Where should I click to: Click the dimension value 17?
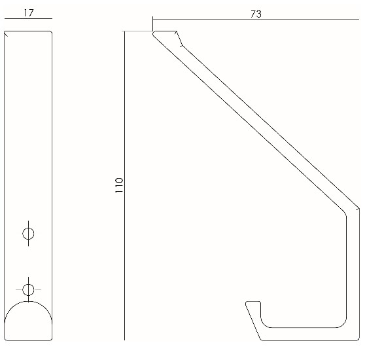[x=28, y=12]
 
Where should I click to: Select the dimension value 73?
[x=256, y=12]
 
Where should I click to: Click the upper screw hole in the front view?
[x=28, y=233]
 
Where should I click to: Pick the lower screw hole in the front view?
[x=28, y=289]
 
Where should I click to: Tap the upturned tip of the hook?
[x=253, y=304]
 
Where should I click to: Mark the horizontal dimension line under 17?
[x=28, y=20]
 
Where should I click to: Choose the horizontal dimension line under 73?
[x=256, y=20]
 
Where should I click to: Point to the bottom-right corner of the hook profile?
[x=357, y=339]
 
